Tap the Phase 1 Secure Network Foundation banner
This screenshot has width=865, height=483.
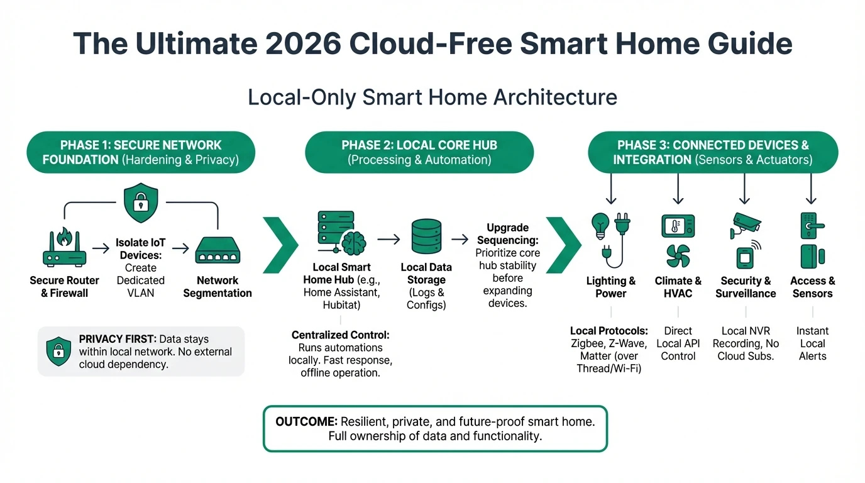141,152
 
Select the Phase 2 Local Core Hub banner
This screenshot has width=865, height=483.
419,152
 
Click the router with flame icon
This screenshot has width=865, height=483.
65,247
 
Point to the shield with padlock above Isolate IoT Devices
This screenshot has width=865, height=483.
141,203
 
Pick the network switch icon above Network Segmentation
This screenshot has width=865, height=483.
218,250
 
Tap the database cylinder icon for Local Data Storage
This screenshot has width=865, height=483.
426,236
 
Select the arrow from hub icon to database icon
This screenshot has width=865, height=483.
389,240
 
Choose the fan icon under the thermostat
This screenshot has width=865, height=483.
678,256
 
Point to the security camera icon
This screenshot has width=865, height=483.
745,225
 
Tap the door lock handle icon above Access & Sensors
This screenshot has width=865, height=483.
812,226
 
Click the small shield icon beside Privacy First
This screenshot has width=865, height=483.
58,351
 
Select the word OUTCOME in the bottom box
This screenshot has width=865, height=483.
306,421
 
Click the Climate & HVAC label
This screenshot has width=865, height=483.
678,287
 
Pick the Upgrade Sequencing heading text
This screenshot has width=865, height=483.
507,234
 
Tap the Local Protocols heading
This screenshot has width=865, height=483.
609,331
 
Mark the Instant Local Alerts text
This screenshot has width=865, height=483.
812,343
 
